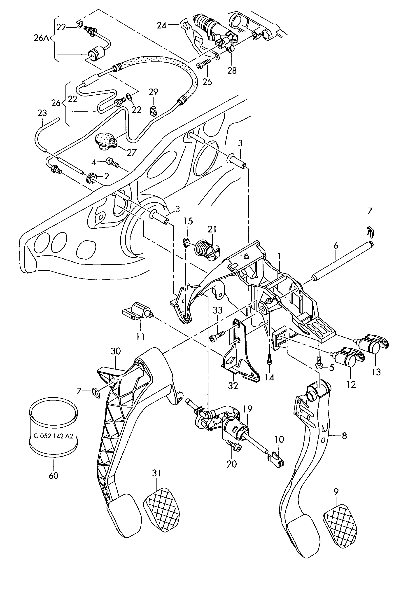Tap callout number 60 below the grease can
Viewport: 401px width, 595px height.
pos(53,476)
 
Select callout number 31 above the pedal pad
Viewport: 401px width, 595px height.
pos(156,473)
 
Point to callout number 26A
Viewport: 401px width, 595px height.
pos(41,38)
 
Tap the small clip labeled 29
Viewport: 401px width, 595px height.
pos(153,111)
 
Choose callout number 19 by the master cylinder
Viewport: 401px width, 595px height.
pos(247,408)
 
